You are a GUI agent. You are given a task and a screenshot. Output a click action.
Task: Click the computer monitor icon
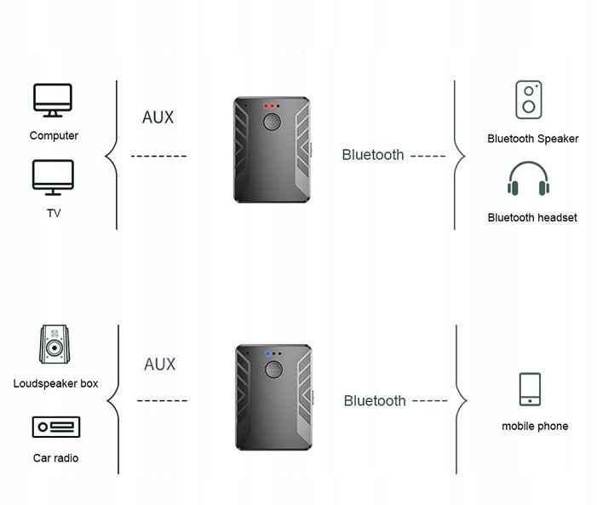click(53, 100)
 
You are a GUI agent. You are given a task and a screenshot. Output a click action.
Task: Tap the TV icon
click(53, 177)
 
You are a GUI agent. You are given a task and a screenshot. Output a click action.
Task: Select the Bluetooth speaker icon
click(529, 100)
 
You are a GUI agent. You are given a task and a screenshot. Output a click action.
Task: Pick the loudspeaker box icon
click(55, 344)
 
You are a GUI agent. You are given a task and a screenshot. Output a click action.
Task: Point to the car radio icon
click(56, 427)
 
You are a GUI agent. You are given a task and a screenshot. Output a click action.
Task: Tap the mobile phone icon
click(530, 389)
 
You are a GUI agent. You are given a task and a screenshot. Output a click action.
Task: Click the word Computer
click(54, 135)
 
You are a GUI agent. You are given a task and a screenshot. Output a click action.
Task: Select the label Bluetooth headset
click(532, 217)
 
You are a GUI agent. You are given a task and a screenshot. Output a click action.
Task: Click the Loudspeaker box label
click(55, 383)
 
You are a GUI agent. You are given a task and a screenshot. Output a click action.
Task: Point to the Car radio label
click(55, 458)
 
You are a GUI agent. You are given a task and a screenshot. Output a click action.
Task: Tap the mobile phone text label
click(535, 426)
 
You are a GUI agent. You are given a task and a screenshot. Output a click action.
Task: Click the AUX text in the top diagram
click(158, 118)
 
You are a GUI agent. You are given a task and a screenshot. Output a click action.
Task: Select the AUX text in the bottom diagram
click(160, 364)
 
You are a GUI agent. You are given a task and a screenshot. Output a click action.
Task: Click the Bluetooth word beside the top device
click(373, 155)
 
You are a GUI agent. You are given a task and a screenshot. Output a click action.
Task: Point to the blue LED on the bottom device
click(267, 353)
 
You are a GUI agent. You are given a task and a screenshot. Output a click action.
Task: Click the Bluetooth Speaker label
click(533, 139)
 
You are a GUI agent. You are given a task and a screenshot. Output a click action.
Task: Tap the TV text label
click(54, 213)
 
